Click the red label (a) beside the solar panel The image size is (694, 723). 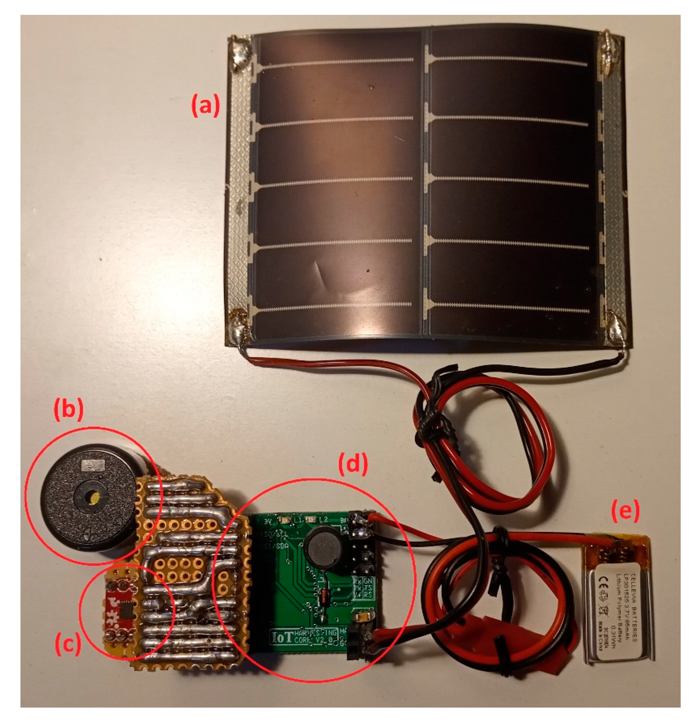point(205,106)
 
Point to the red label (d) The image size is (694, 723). point(353,464)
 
